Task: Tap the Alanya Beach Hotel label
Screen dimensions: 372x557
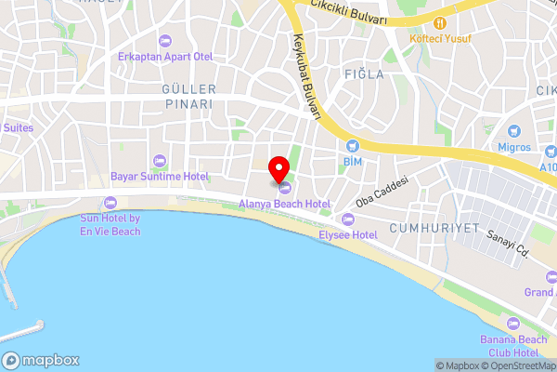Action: [x=285, y=204]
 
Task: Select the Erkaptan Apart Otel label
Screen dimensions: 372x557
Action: [x=165, y=57]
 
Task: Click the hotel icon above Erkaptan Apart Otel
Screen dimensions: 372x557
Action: [x=165, y=40]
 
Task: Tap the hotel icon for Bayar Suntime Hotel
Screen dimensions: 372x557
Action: [x=158, y=159]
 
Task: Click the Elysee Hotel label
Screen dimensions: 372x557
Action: [x=348, y=235]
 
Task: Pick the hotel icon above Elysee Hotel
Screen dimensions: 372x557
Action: [x=348, y=219]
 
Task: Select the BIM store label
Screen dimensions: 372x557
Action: [x=352, y=162]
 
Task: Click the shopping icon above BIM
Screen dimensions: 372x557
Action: [x=352, y=146]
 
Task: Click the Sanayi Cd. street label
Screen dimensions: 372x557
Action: [x=509, y=244]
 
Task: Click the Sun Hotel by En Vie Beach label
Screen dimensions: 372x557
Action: [x=110, y=224]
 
